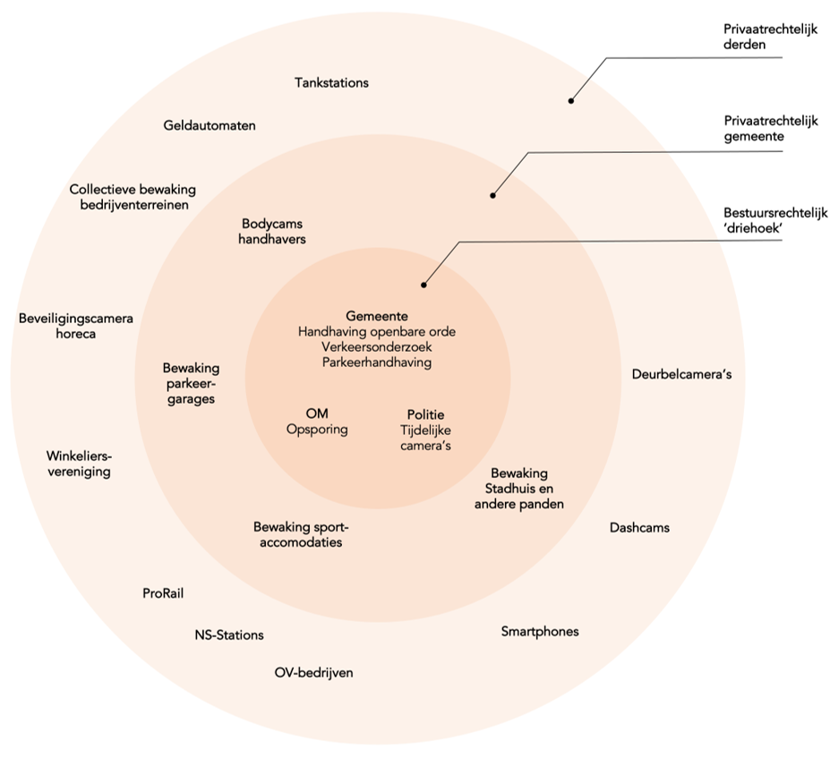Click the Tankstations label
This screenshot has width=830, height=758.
tap(331, 82)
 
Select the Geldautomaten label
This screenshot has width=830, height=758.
tap(210, 125)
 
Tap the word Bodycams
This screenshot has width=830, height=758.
tap(273, 224)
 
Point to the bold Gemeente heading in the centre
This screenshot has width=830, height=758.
tap(377, 316)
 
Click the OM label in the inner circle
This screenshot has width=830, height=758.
tap(317, 413)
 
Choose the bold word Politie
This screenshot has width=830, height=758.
tap(425, 414)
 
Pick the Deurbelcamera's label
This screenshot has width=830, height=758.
tap(681, 374)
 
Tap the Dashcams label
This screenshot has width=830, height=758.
tap(639, 527)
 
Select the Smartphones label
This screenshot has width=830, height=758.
tap(539, 631)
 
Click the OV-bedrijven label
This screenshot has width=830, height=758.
tap(313, 672)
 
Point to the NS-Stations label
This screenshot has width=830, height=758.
tap(229, 635)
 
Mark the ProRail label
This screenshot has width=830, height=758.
tap(163, 592)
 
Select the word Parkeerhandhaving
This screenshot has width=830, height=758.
tap(377, 362)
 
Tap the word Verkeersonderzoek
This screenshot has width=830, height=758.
tap(377, 347)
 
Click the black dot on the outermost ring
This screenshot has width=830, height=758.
tap(570, 100)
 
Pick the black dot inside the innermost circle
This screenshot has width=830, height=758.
tap(424, 285)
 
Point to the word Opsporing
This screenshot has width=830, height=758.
tap(317, 430)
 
